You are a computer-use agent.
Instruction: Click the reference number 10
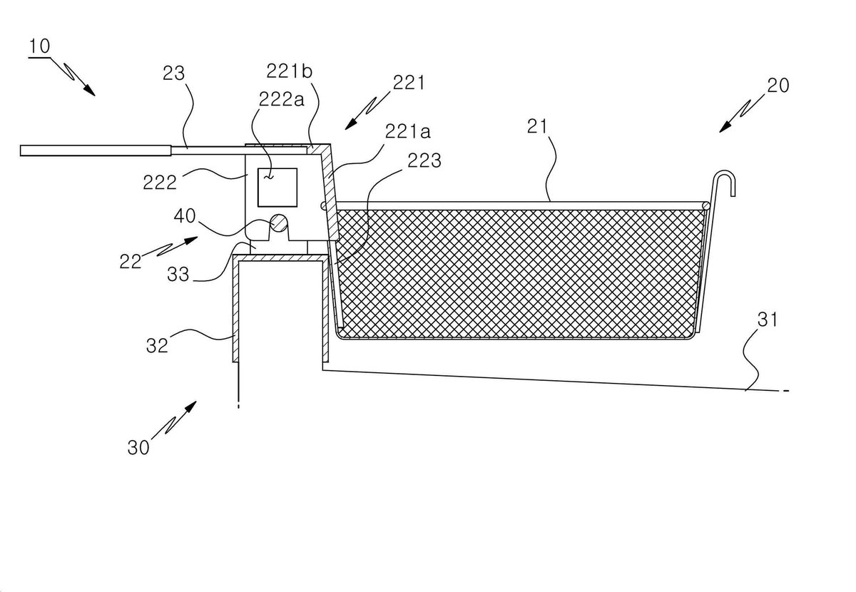[39, 46]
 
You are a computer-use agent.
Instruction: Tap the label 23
[173, 73]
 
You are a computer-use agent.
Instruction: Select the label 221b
[290, 71]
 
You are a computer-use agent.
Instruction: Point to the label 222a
[282, 99]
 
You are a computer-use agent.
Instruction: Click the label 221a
[408, 131]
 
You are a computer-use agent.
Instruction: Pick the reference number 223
[424, 161]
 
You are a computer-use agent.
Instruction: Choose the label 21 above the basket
[537, 126]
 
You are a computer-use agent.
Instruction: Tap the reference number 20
[778, 85]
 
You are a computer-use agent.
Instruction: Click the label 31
[768, 320]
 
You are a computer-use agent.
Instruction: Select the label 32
[157, 345]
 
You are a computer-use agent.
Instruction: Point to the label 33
[178, 274]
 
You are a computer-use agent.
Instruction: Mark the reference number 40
[185, 216]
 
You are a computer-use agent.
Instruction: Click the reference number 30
[138, 447]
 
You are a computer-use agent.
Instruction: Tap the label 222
[160, 183]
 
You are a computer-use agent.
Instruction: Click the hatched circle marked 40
[279, 223]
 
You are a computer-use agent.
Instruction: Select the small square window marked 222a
[277, 188]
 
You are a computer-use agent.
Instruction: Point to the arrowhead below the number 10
[89, 90]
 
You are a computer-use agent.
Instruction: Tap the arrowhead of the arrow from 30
[191, 407]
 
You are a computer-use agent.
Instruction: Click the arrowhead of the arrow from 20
[725, 127]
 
